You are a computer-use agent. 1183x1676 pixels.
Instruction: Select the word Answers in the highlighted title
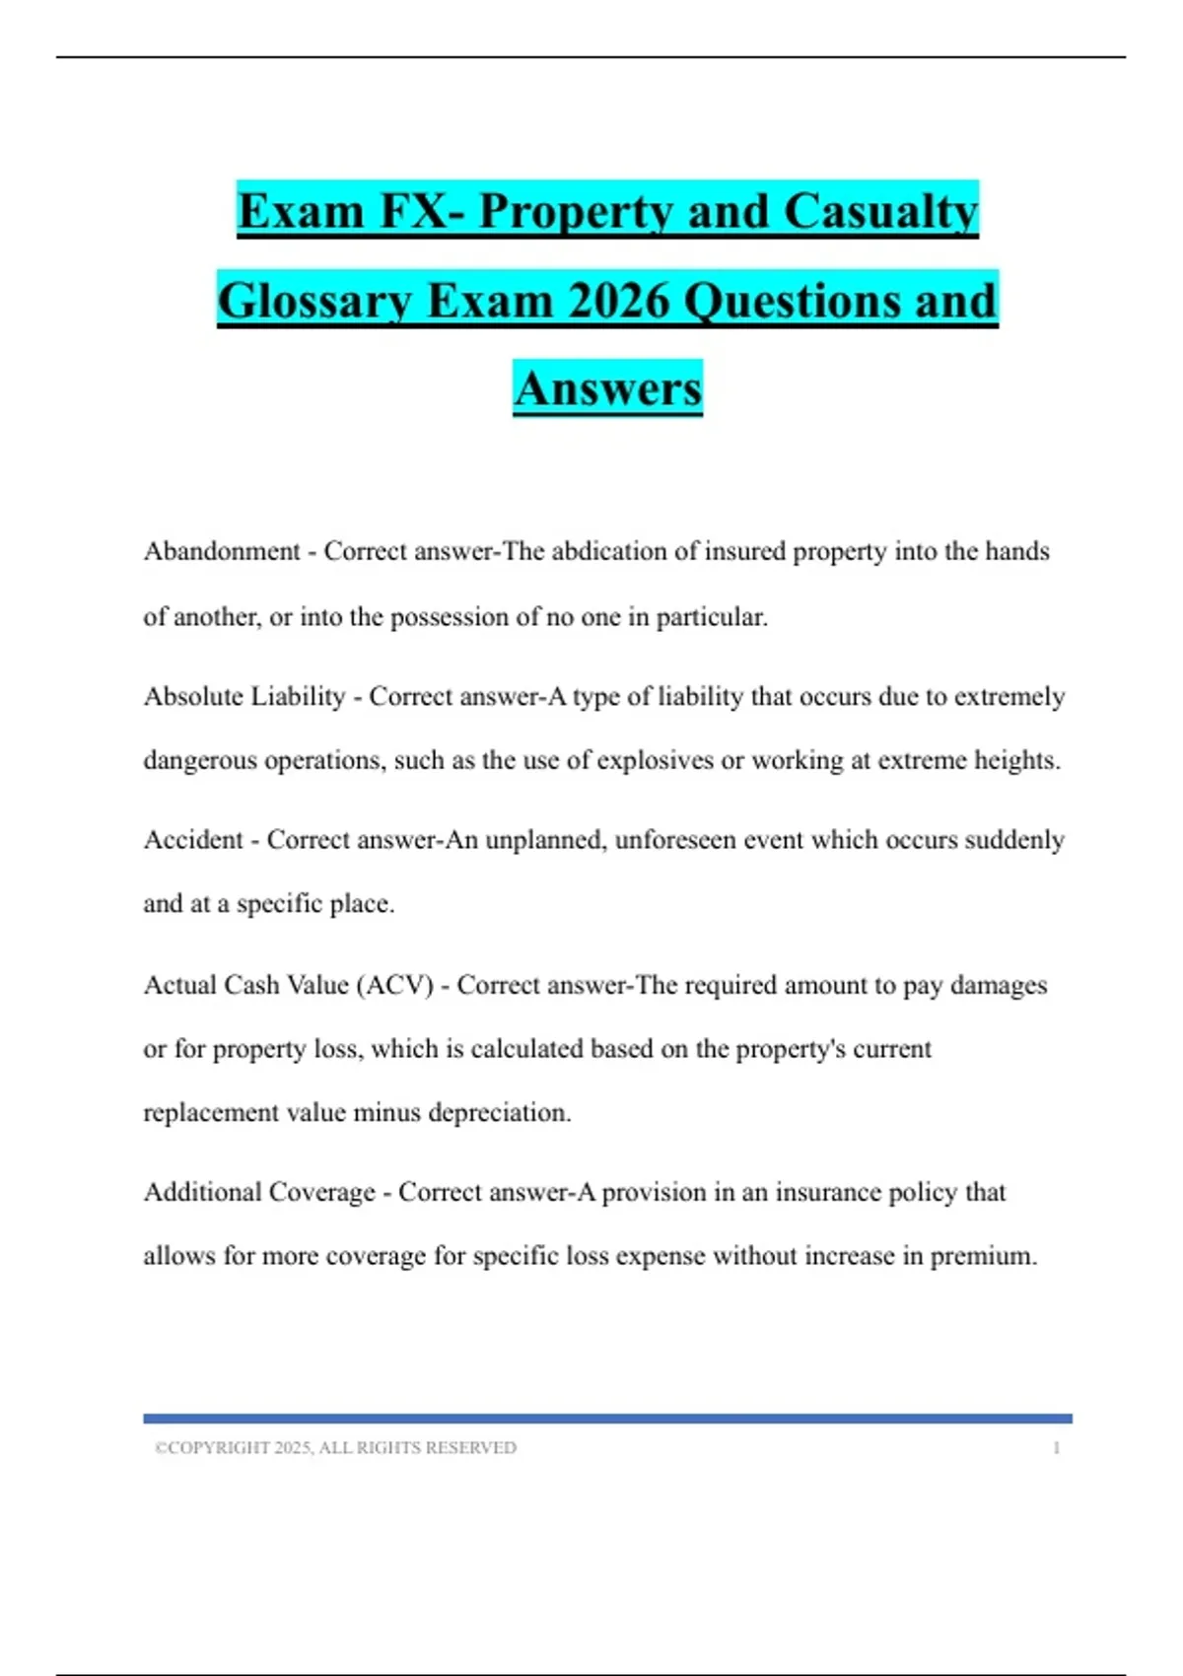click(607, 388)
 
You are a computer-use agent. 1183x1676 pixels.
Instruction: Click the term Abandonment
click(222, 551)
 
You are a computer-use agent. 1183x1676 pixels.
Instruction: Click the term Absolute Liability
click(244, 696)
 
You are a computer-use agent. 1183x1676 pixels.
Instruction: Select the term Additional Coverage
click(259, 1192)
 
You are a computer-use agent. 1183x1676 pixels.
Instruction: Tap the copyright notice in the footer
click(335, 1447)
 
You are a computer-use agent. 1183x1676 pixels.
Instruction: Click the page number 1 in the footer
click(1057, 1447)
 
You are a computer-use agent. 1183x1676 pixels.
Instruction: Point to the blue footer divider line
click(607, 1418)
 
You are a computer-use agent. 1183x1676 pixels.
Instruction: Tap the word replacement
click(211, 1112)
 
